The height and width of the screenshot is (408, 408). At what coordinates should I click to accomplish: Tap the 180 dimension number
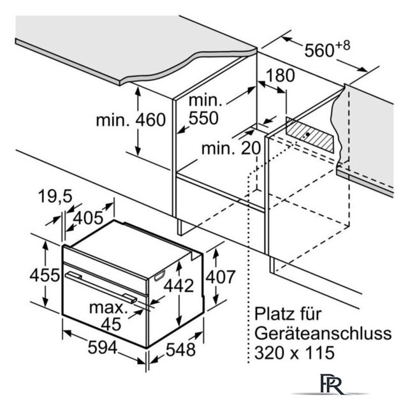coord(280,75)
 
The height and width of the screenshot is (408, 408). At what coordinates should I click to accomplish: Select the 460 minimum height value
coord(151,120)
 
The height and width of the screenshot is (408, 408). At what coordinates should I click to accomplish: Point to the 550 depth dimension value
coord(203,118)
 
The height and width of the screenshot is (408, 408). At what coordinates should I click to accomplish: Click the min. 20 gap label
coord(231,148)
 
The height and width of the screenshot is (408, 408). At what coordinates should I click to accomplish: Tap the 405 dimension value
coord(88,218)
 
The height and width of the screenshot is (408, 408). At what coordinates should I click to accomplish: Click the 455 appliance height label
coord(45,275)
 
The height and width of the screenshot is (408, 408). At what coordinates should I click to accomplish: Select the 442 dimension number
coord(178,286)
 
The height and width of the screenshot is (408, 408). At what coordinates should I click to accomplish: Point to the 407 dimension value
coord(221,277)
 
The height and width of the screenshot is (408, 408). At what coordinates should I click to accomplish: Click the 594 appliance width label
coord(103,347)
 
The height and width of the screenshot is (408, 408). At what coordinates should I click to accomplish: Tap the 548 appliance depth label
coord(180,349)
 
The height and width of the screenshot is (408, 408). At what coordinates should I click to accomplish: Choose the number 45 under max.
coord(111,324)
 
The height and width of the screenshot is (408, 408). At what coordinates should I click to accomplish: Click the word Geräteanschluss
coord(323,334)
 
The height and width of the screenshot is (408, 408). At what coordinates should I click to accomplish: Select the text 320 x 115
coord(295,353)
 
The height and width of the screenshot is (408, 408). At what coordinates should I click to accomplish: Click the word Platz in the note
coord(274,314)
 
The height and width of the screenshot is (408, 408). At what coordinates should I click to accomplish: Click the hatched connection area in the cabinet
coord(310,135)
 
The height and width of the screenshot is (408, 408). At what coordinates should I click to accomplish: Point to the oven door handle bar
coord(101,288)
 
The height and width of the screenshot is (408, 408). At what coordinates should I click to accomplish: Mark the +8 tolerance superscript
coord(343,46)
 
